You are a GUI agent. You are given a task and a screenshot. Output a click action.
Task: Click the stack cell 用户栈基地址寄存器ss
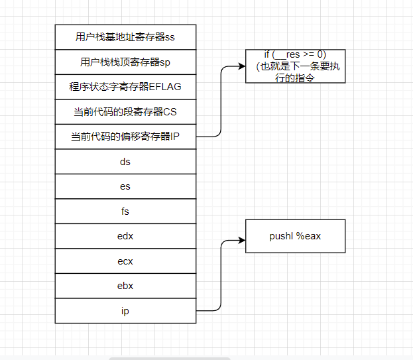click(x=125, y=36)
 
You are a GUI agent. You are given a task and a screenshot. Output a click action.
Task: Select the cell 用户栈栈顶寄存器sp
click(x=125, y=62)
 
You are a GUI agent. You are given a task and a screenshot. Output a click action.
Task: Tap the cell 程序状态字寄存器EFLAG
click(x=125, y=86)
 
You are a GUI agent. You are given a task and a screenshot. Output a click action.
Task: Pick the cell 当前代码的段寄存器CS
click(x=125, y=111)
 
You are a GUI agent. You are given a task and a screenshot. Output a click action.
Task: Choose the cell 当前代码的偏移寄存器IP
click(x=125, y=137)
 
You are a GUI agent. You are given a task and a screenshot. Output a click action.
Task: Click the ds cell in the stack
click(x=125, y=161)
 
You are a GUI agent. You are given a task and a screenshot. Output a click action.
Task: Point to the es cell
click(x=125, y=186)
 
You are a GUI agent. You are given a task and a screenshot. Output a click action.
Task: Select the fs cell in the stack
click(x=125, y=211)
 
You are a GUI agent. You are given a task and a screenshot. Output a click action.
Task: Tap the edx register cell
click(x=125, y=236)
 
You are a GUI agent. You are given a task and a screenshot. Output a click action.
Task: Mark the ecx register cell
click(x=125, y=261)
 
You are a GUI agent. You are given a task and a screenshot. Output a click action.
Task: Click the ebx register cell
click(x=125, y=286)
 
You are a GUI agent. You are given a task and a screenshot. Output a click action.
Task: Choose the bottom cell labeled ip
click(x=125, y=310)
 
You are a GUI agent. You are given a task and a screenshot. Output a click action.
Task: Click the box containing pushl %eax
click(x=295, y=236)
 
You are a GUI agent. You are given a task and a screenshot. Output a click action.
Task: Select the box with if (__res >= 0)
click(x=295, y=66)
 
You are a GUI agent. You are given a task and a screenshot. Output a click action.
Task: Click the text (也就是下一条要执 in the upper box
click(x=295, y=67)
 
